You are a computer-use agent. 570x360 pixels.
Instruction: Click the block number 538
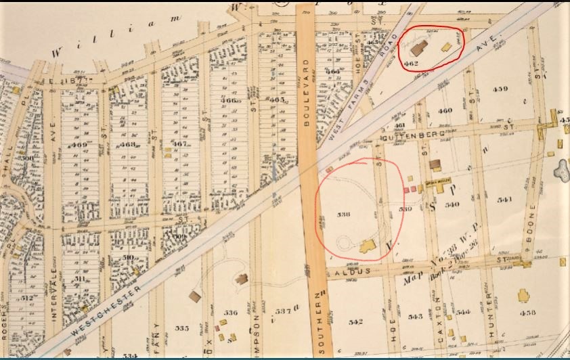click(x=343, y=214)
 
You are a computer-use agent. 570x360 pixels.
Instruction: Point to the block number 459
click(x=500, y=89)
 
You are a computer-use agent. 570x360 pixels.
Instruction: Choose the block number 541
click(x=505, y=200)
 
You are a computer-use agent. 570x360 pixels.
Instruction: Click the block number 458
click(x=528, y=313)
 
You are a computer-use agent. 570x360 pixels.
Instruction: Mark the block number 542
click(x=356, y=322)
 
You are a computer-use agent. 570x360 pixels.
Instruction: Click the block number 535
click(x=182, y=328)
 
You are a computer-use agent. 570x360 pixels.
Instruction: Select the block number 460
click(x=445, y=110)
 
